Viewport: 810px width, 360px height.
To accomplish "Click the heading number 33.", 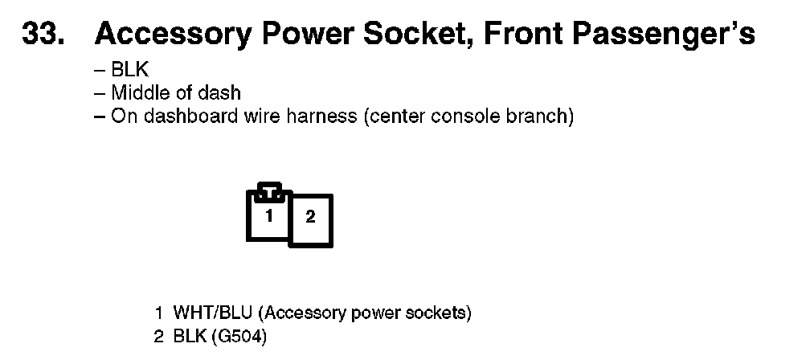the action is (x=43, y=35).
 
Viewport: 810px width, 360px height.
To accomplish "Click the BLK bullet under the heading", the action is (x=129, y=71).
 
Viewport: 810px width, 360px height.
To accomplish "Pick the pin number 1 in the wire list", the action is (x=158, y=313).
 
